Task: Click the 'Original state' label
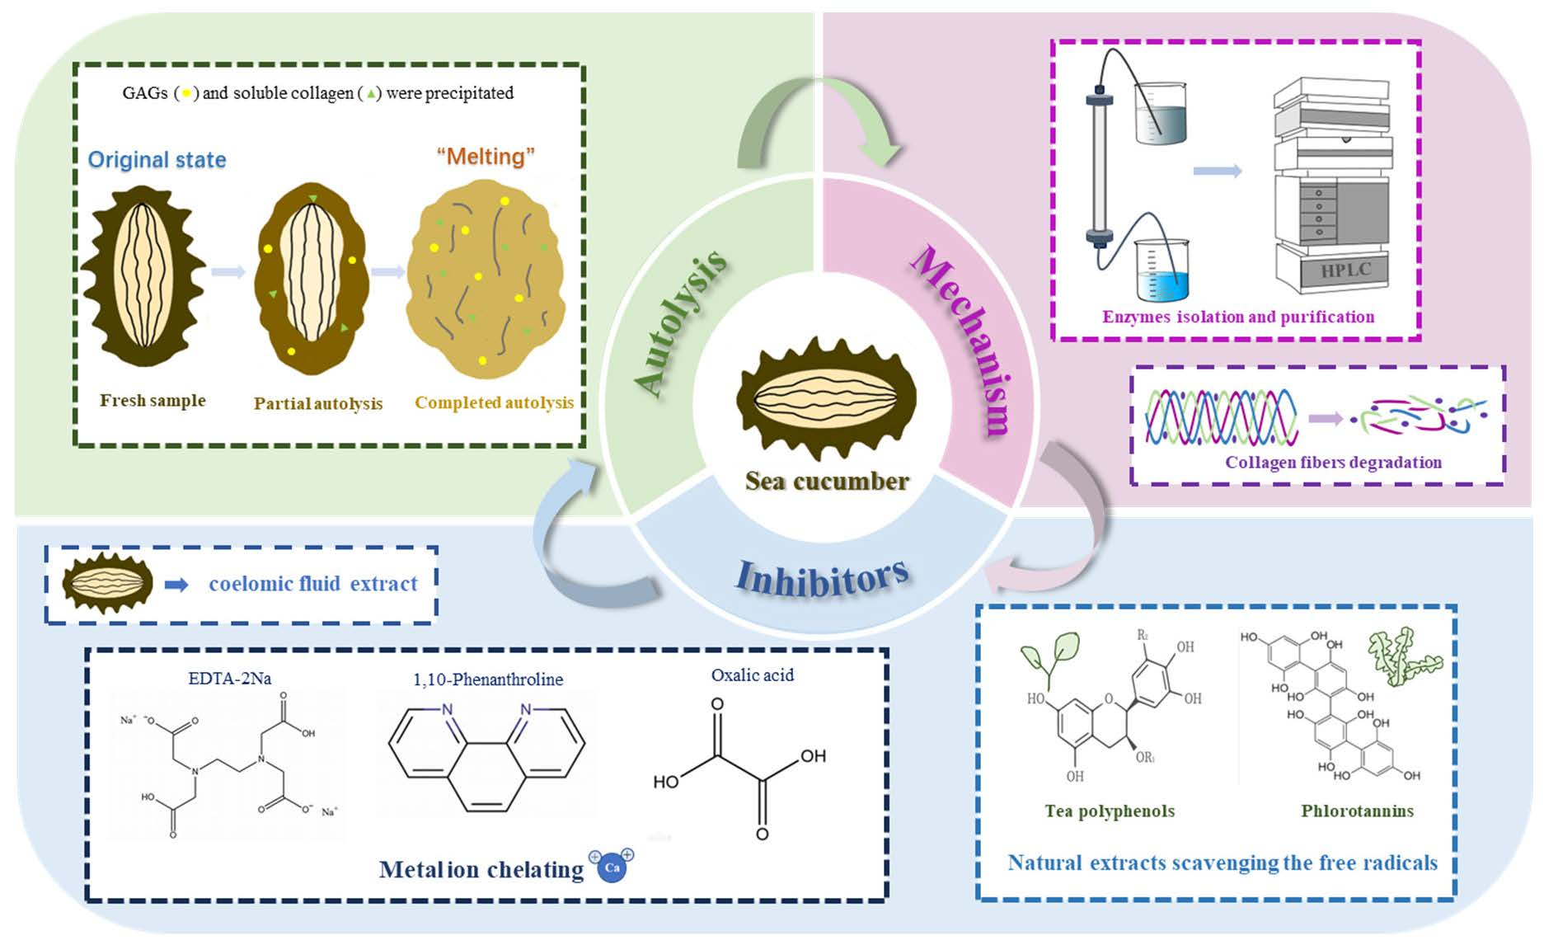[x=157, y=159]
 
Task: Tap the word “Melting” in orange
[x=486, y=156]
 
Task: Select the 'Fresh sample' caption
[x=153, y=401]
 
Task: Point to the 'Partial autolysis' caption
[x=317, y=403]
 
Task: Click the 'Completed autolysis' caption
[x=494, y=402]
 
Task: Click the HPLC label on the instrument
[x=1345, y=270]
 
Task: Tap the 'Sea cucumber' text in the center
[x=827, y=481]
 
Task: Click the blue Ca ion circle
[x=612, y=867]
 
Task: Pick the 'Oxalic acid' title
[x=752, y=675]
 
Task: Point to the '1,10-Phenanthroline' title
[x=488, y=679]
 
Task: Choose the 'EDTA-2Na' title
[x=229, y=679]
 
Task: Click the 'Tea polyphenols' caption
[x=1110, y=811]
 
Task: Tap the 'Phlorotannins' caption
[x=1357, y=811]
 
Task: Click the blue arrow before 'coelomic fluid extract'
[x=176, y=585]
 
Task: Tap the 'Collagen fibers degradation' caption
[x=1333, y=463]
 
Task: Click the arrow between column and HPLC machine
[x=1217, y=171]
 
